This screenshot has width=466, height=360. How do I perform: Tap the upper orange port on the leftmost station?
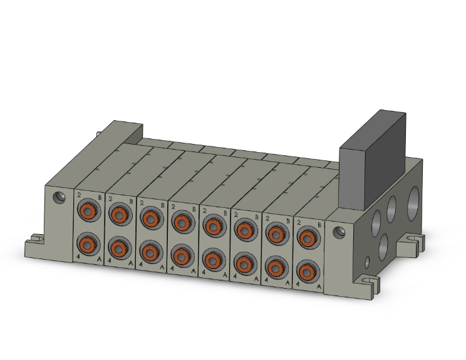click(x=88, y=211)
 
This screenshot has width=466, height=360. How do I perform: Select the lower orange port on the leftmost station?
click(x=88, y=244)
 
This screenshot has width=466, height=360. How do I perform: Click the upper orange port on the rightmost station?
click(x=306, y=238)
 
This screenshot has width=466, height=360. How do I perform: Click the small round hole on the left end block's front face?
click(x=60, y=197)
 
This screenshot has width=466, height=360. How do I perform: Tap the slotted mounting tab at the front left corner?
click(x=35, y=241)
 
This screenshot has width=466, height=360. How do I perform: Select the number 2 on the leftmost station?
click(x=80, y=196)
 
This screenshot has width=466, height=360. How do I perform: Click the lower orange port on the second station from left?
click(x=118, y=248)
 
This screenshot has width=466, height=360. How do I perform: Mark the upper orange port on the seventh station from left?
click(x=275, y=234)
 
